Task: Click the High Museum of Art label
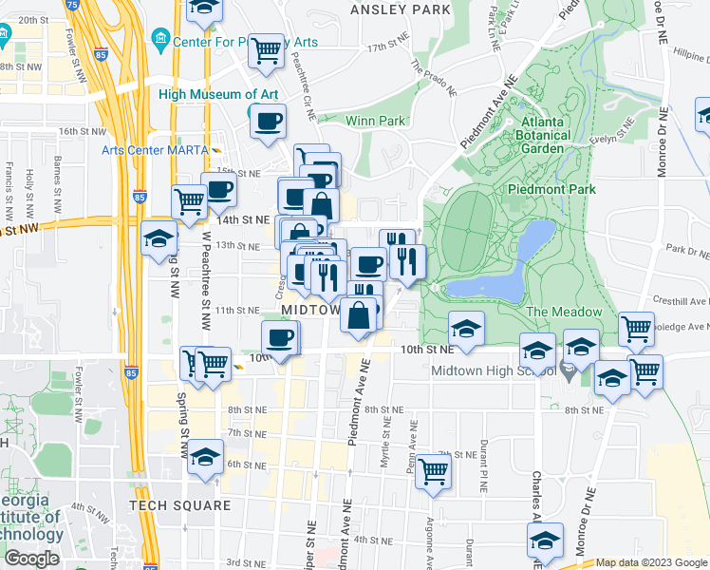(x=218, y=94)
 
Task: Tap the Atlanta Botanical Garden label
(x=542, y=135)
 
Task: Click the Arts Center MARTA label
(x=156, y=149)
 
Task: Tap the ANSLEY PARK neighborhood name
(x=400, y=9)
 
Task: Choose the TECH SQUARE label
(x=179, y=505)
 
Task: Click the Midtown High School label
(x=493, y=370)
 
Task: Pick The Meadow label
(x=564, y=312)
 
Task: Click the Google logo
(x=31, y=559)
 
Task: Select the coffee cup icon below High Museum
(x=267, y=122)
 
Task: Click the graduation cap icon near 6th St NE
(x=205, y=458)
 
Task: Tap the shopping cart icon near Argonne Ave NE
(x=433, y=470)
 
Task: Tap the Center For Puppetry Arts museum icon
(x=159, y=39)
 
